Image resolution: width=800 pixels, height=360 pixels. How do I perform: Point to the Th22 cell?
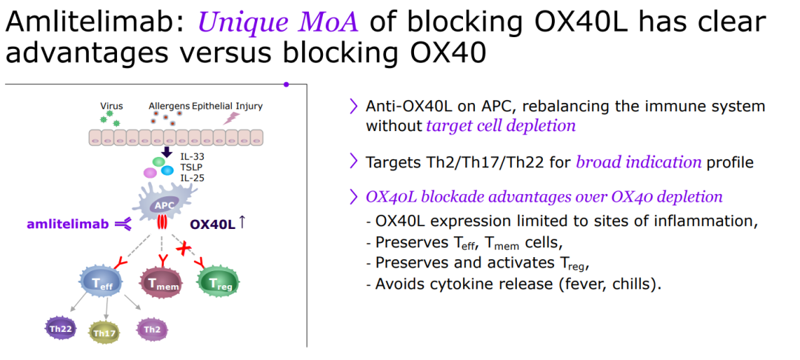(61, 329)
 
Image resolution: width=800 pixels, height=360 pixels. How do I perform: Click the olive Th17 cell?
(104, 332)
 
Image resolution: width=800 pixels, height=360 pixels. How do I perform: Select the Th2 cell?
(152, 330)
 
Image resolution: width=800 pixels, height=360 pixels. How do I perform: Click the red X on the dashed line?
(183, 248)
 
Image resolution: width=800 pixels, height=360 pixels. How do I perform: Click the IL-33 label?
(192, 157)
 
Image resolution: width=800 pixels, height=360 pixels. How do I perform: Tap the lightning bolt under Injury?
(232, 119)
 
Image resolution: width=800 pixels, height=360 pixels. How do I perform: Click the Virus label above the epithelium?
(111, 106)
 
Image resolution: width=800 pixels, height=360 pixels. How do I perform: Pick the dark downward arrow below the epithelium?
(167, 152)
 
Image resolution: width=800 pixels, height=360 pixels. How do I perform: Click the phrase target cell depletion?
(501, 125)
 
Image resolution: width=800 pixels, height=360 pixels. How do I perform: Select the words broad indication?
(639, 162)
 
